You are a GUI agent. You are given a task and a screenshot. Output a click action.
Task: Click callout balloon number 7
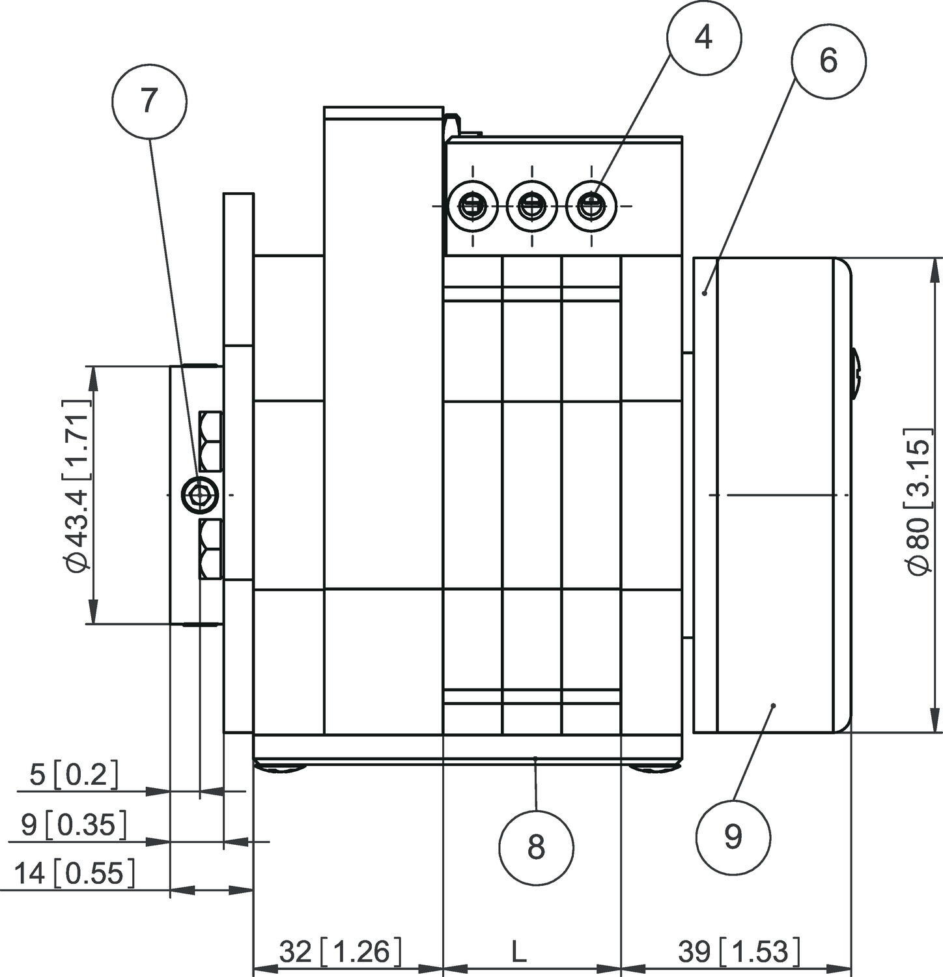149,101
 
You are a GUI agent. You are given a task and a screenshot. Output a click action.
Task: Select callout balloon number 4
703,38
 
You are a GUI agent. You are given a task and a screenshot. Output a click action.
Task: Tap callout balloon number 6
828,61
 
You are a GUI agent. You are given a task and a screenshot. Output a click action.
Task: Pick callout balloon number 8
536,847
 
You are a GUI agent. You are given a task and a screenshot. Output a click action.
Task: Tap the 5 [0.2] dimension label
74,775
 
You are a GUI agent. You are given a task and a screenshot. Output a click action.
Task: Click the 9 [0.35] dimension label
73,825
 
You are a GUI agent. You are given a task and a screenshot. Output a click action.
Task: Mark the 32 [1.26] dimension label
340,952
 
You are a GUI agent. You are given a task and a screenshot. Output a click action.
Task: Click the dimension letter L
518,952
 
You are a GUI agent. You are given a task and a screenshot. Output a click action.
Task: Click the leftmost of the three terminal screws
473,206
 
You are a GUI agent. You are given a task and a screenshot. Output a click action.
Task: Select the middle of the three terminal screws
532,206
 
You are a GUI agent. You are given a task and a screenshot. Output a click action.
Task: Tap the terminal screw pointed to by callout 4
591,206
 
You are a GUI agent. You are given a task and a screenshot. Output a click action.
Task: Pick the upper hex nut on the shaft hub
211,441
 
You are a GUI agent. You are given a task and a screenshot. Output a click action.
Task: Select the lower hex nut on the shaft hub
211,549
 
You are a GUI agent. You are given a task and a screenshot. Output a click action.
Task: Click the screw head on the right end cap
856,374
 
